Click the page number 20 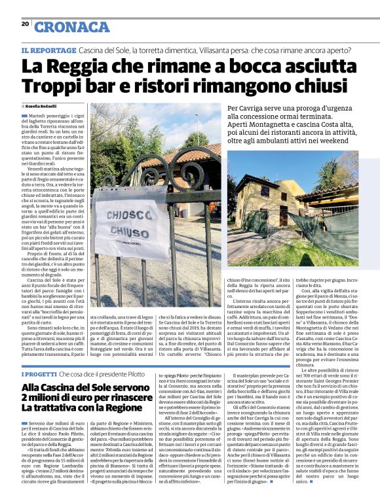click(x=25, y=24)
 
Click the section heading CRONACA click(x=71, y=27)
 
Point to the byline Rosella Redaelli click(x=46, y=106)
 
